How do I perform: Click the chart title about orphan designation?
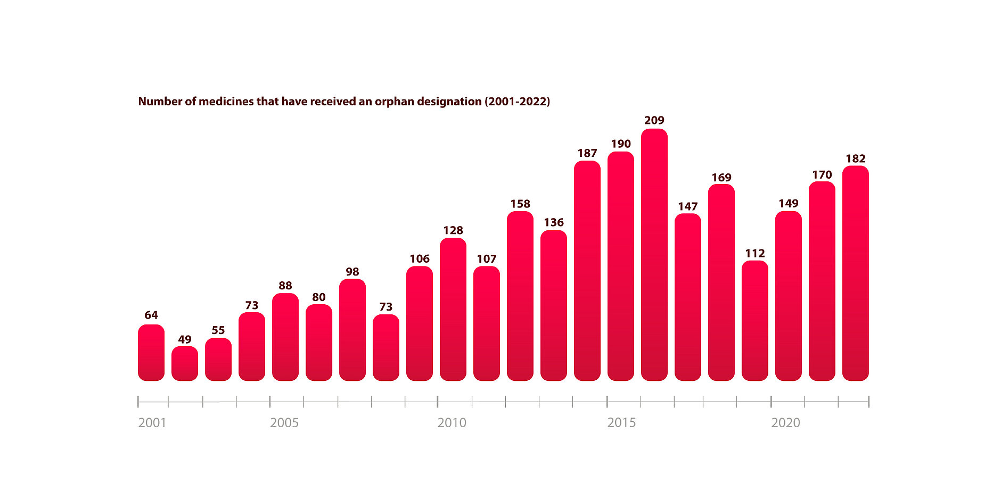[x=344, y=101]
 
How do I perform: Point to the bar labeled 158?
[x=520, y=296]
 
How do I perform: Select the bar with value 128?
[x=453, y=309]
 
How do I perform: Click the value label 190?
[x=620, y=144]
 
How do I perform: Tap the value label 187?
[x=587, y=153]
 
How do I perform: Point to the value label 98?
[x=352, y=272]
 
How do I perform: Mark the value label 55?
[x=218, y=330]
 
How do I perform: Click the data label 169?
[x=721, y=178]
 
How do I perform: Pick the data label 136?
[x=553, y=222]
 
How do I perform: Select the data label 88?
[x=285, y=286]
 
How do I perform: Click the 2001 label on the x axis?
[x=152, y=423]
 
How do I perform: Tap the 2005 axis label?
[x=284, y=423]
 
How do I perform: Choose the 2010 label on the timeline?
[x=452, y=423]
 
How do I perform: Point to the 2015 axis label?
[x=621, y=423]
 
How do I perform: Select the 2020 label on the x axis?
[x=785, y=423]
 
